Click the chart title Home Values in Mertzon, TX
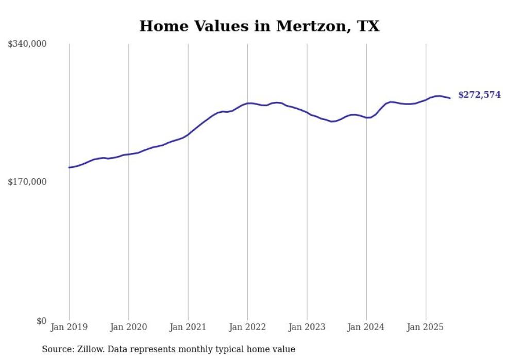pyautogui.click(x=259, y=26)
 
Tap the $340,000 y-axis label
pyautogui.click(x=27, y=44)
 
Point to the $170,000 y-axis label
pyautogui.click(x=27, y=182)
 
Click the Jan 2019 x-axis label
pyautogui.click(x=69, y=327)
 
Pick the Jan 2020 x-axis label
pyautogui.click(x=128, y=327)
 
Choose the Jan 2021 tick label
pyautogui.click(x=188, y=327)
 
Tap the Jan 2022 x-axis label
pyautogui.click(x=247, y=327)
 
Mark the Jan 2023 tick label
pyautogui.click(x=307, y=327)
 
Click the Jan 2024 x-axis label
pyautogui.click(x=366, y=327)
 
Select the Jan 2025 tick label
pyautogui.click(x=426, y=327)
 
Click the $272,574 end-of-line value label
pyautogui.click(x=479, y=95)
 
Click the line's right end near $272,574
pyautogui.click(x=450, y=98)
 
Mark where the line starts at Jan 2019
pyautogui.click(x=69, y=167)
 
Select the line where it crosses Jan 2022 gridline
pyautogui.click(x=247, y=104)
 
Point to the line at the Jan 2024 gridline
pyautogui.click(x=366, y=117)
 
